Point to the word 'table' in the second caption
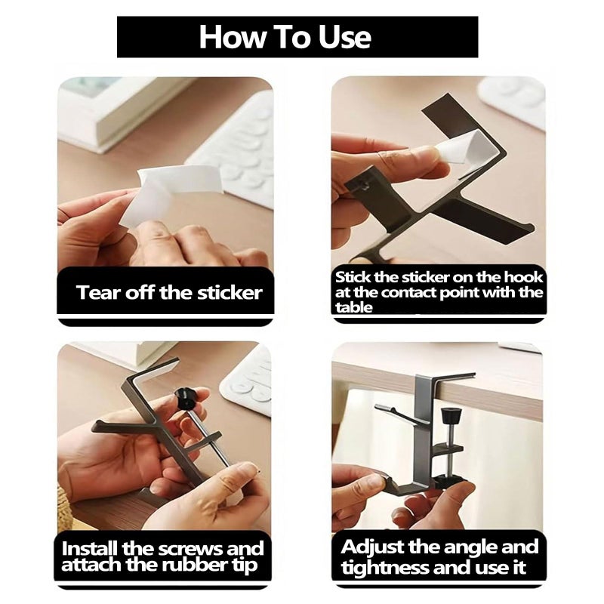353,307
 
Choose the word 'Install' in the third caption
90,548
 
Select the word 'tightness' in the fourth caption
384,568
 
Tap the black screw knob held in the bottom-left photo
184,399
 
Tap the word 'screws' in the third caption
192,549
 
